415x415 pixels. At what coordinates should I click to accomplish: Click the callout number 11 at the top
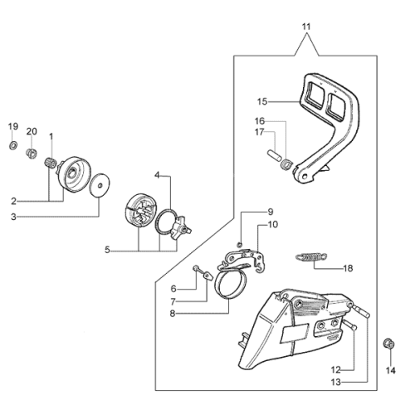click(x=306, y=27)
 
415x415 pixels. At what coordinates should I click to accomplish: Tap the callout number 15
click(x=262, y=101)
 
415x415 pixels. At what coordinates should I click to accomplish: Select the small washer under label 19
click(x=13, y=144)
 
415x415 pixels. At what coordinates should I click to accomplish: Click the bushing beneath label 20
click(x=32, y=154)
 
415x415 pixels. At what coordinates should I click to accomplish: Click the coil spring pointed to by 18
click(x=311, y=256)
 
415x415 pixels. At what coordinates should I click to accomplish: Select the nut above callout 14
click(x=388, y=344)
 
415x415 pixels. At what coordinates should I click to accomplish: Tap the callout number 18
click(x=348, y=268)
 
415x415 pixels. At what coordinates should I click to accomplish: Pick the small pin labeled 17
click(x=274, y=154)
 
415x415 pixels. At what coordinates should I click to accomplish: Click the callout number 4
click(x=157, y=175)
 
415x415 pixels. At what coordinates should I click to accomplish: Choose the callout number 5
click(x=107, y=250)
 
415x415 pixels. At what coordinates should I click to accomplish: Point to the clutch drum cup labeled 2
click(x=71, y=173)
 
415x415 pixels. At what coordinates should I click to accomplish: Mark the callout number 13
click(x=336, y=383)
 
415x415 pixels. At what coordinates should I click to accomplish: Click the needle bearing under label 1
click(x=51, y=163)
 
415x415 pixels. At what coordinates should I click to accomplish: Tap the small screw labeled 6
click(x=197, y=268)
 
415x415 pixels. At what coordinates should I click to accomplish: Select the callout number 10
click(x=273, y=224)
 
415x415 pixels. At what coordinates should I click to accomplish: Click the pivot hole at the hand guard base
click(x=305, y=176)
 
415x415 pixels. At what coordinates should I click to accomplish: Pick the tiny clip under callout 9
click(x=240, y=244)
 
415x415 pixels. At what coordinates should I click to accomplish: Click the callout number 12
click(x=336, y=369)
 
